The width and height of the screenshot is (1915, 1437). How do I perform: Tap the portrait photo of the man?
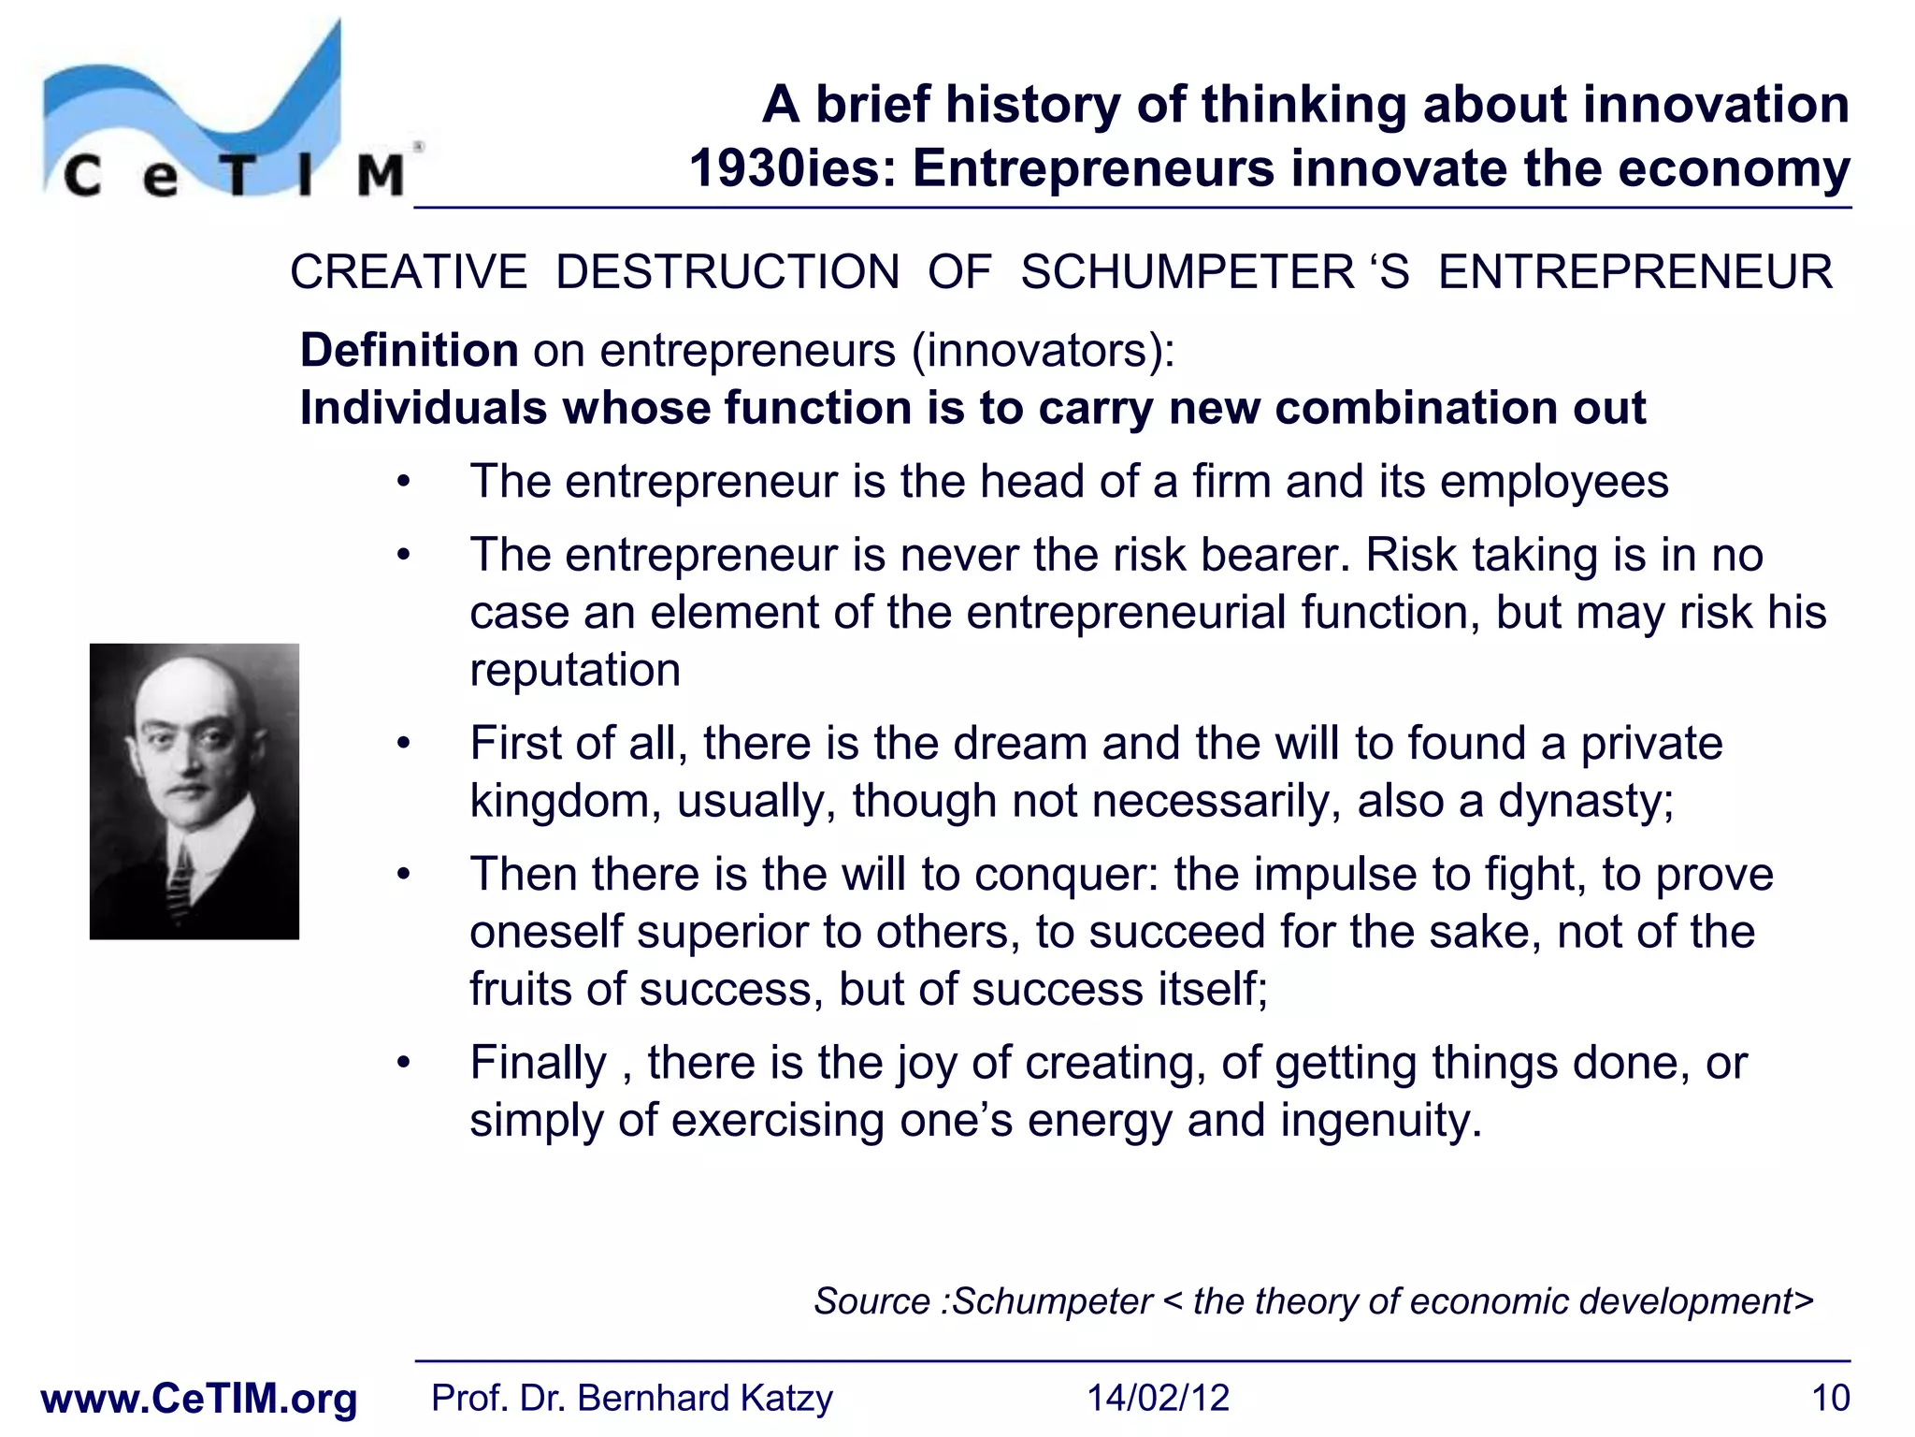[194, 791]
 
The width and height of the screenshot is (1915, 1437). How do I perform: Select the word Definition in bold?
[409, 351]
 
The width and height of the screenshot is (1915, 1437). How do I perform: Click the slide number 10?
[1830, 1398]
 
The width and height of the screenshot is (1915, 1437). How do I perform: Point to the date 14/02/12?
[1158, 1398]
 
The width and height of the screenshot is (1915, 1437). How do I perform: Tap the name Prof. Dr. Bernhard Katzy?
[631, 1398]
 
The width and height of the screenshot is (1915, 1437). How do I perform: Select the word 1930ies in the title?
[794, 169]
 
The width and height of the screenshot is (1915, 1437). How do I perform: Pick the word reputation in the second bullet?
[575, 670]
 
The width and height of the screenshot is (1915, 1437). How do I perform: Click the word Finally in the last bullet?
[539, 1063]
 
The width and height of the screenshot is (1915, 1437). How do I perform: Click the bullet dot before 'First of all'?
[403, 745]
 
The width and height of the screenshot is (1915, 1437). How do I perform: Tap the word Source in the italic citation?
[871, 1301]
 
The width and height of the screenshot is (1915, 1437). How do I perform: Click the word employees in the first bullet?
[1554, 482]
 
